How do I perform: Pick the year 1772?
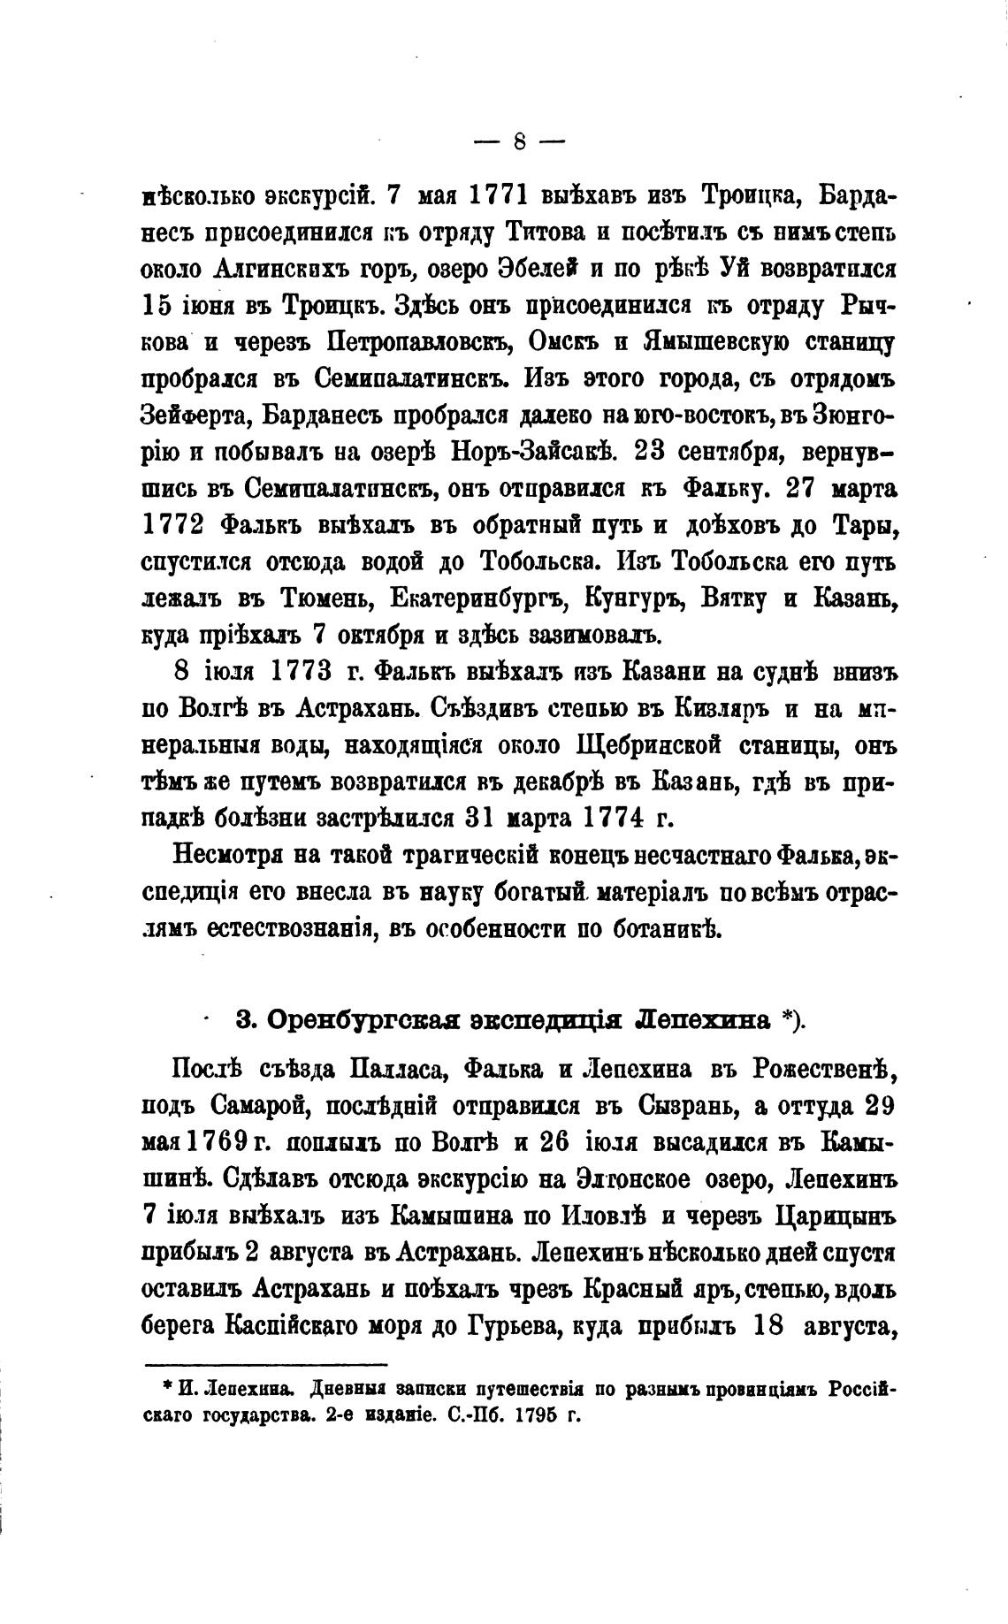[x=174, y=524]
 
